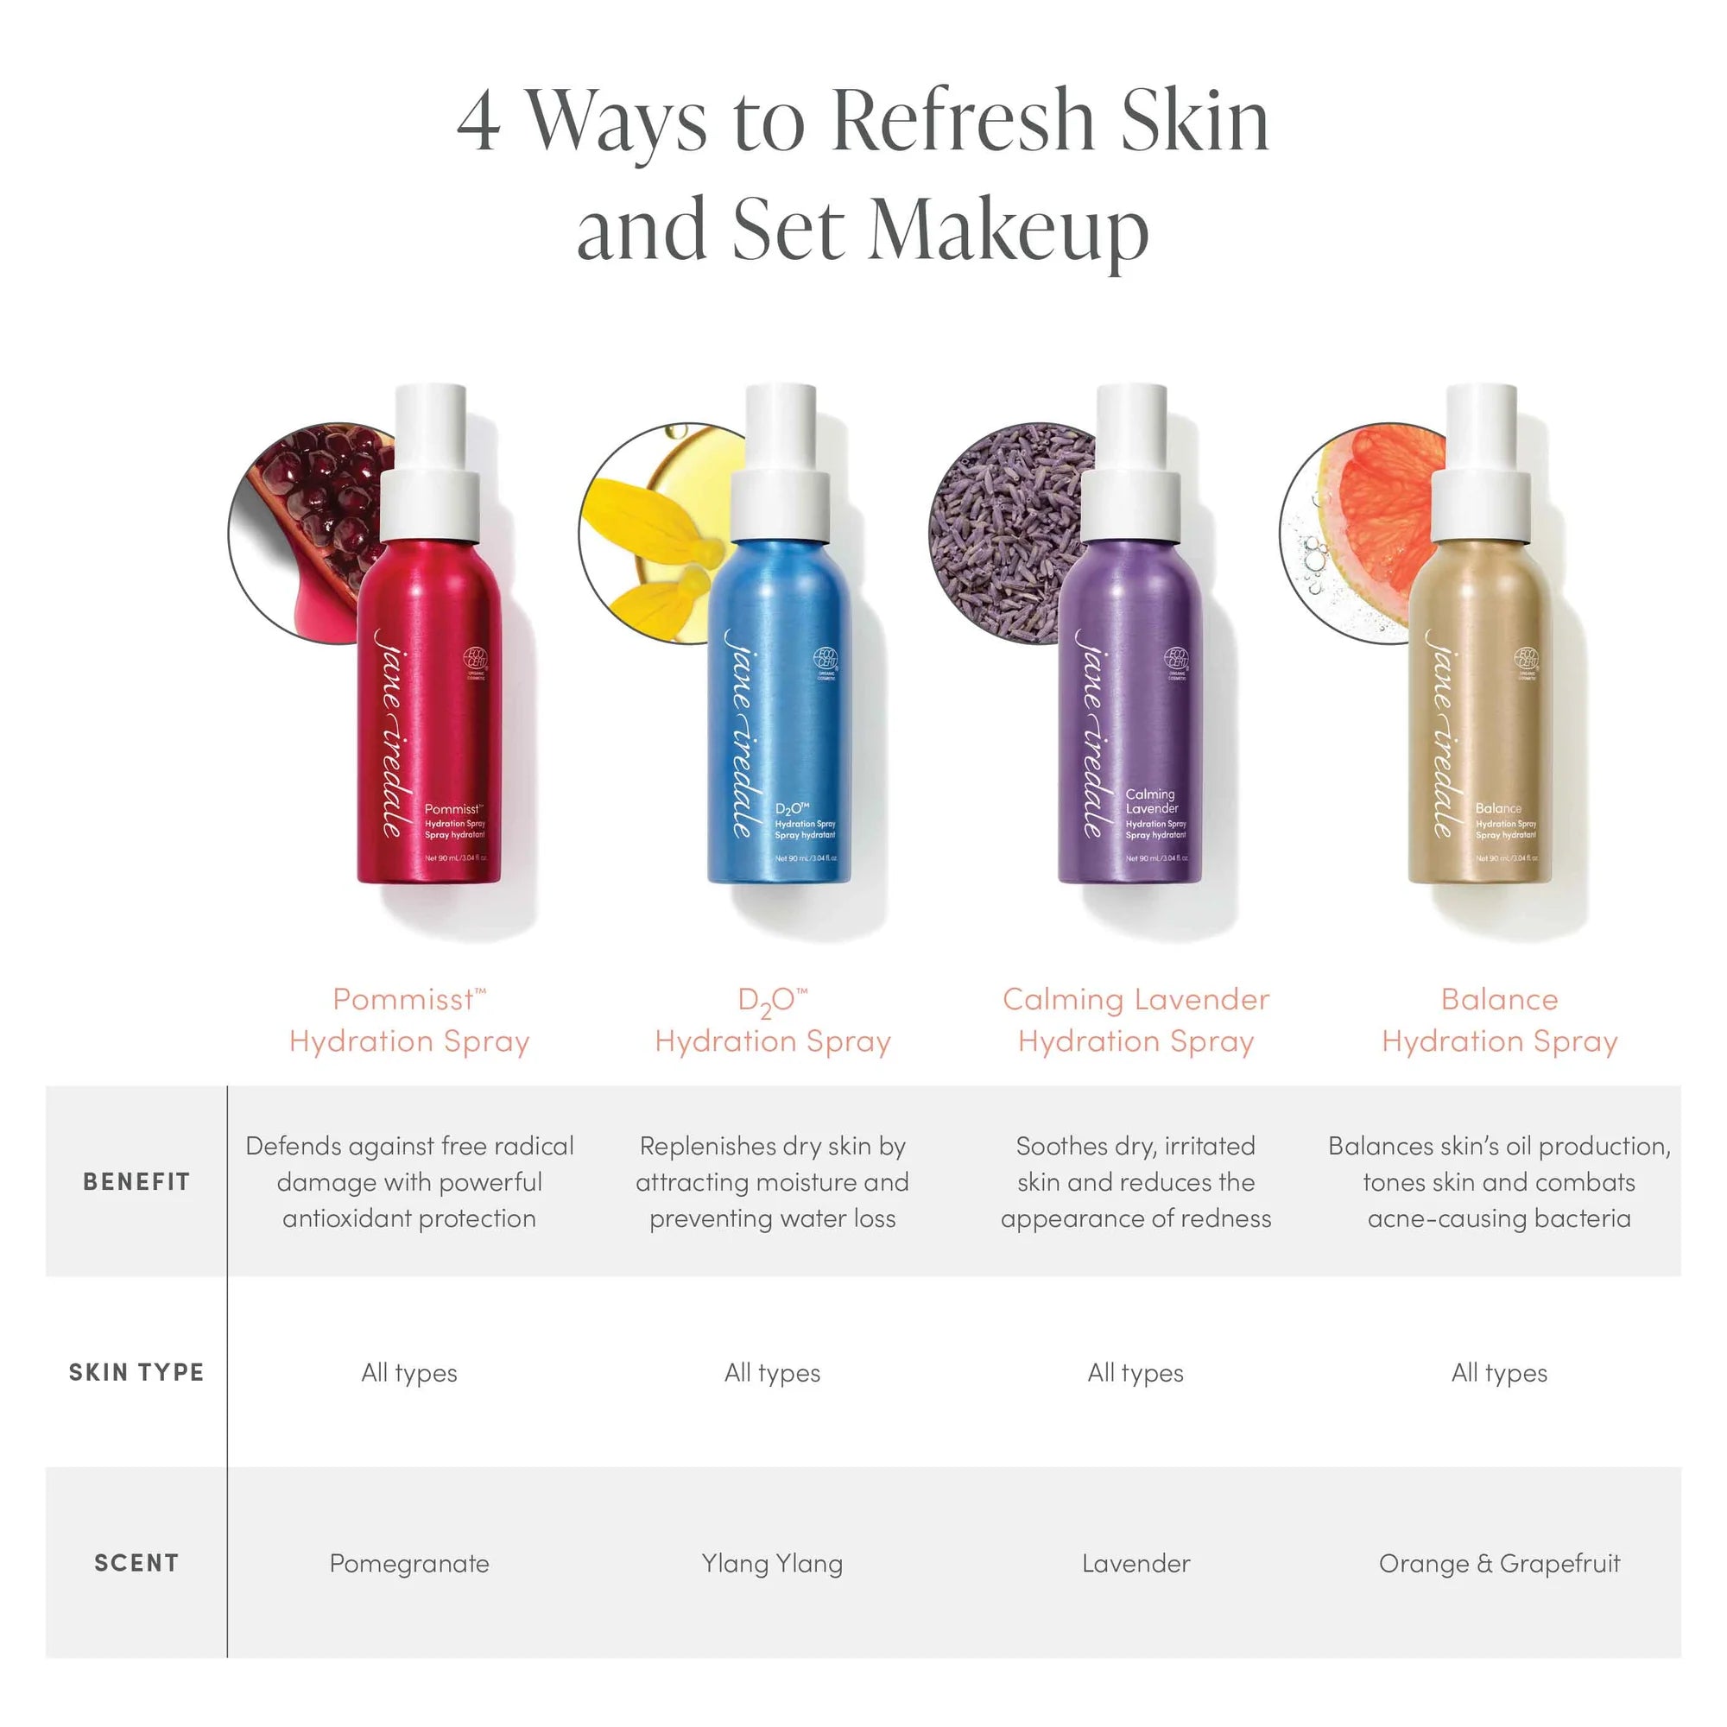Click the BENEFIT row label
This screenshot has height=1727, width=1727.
[x=136, y=1182]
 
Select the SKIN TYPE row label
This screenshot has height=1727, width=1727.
[x=136, y=1372]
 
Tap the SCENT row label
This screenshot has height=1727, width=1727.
[x=136, y=1563]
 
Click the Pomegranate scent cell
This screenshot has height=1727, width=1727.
[x=409, y=1564]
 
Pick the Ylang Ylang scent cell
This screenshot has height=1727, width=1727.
[x=772, y=1564]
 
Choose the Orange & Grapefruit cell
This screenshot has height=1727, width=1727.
[x=1499, y=1564]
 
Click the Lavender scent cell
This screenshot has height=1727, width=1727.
[x=1136, y=1564]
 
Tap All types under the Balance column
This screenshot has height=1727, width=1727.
[x=1499, y=1373]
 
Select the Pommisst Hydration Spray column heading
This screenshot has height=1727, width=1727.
[x=409, y=1020]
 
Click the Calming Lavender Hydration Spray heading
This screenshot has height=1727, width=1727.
[x=1136, y=1020]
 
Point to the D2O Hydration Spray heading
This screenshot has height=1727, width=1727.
[x=772, y=1020]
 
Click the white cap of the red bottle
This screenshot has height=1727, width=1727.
[x=430, y=465]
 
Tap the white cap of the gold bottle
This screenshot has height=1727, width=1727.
[x=1481, y=465]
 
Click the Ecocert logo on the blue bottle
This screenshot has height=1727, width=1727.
[x=825, y=660]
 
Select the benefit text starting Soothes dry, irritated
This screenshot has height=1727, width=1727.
[x=1136, y=1182]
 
